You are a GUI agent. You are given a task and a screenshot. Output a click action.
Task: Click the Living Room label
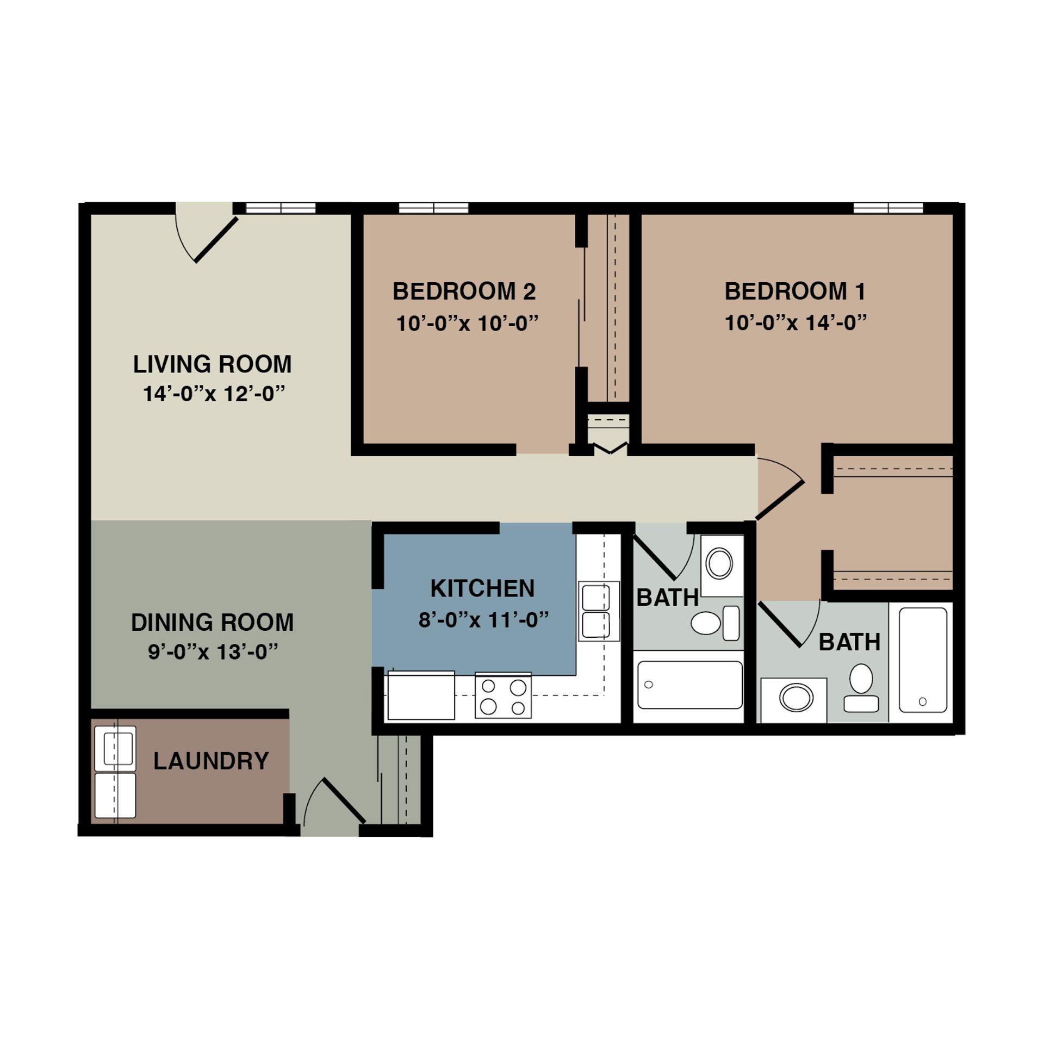click(x=212, y=364)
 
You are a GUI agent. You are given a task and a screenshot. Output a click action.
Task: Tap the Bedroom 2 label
click(x=464, y=291)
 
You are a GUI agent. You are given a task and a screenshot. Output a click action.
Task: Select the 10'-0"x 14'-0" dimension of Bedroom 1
click(x=795, y=323)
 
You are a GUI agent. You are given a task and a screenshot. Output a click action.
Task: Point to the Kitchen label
click(x=482, y=588)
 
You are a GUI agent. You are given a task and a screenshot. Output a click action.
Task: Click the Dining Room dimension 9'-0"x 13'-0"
click(x=213, y=651)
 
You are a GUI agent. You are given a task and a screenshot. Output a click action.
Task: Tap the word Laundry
click(x=211, y=761)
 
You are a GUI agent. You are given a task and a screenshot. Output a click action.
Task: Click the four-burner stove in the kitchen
click(x=503, y=695)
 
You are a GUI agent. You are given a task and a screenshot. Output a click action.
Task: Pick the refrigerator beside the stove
click(x=420, y=695)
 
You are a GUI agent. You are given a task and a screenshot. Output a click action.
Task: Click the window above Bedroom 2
click(x=433, y=208)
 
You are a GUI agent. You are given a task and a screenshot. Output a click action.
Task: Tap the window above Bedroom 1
click(x=888, y=208)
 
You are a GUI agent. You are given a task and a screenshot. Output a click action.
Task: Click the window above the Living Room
click(x=281, y=208)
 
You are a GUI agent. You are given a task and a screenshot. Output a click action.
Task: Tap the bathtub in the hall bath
click(x=689, y=685)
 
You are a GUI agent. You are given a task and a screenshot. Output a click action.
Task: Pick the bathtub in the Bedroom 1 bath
click(x=923, y=660)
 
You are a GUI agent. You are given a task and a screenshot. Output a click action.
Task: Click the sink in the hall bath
click(x=719, y=564)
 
